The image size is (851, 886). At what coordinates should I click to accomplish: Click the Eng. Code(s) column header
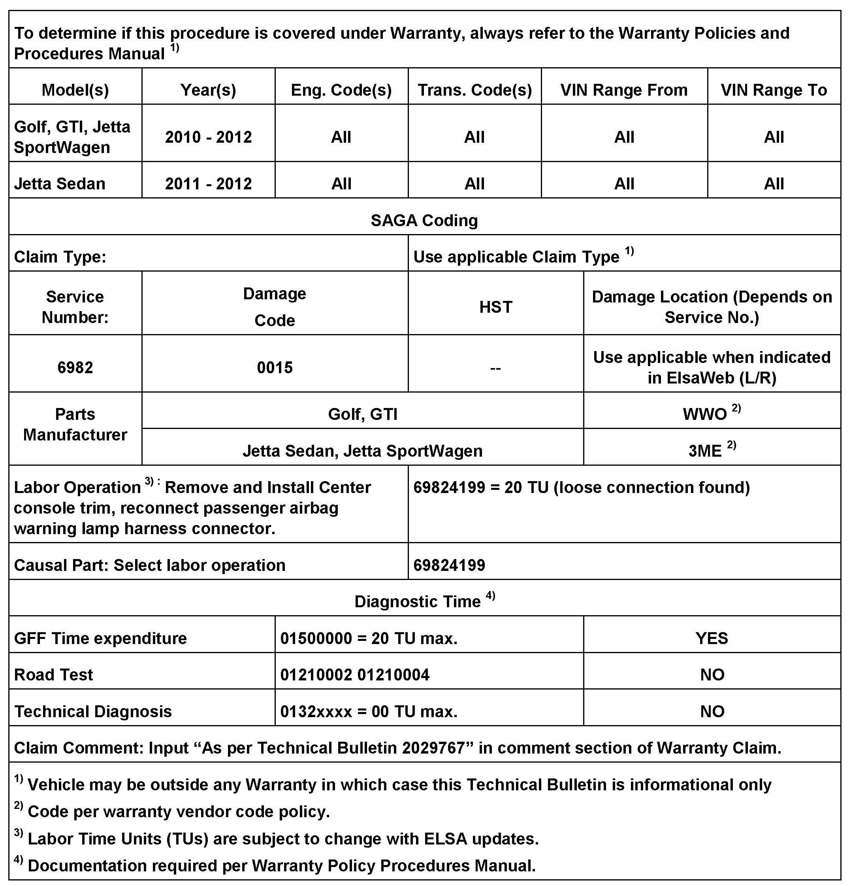pos(341,90)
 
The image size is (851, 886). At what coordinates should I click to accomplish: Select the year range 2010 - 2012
pos(208,137)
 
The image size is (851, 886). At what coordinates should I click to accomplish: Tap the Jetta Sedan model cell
pos(60,183)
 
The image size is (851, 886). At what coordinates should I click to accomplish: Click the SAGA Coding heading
pos(424,220)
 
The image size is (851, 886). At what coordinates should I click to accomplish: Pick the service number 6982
pos(75,367)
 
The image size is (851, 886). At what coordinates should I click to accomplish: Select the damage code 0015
pos(275,367)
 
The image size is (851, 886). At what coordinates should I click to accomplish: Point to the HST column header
pos(495,307)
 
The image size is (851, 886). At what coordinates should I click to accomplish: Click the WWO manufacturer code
pos(705,414)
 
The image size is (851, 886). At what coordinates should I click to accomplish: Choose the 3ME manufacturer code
pos(705,451)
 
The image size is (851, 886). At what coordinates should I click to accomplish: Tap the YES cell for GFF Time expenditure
pos(712,638)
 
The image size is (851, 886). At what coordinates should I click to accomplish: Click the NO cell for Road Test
pos(712,674)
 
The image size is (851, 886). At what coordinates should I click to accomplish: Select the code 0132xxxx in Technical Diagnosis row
pos(316,712)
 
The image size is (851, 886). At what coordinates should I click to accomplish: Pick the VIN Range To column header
pos(774,90)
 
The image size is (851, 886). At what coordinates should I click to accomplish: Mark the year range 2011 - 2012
pos(208,183)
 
